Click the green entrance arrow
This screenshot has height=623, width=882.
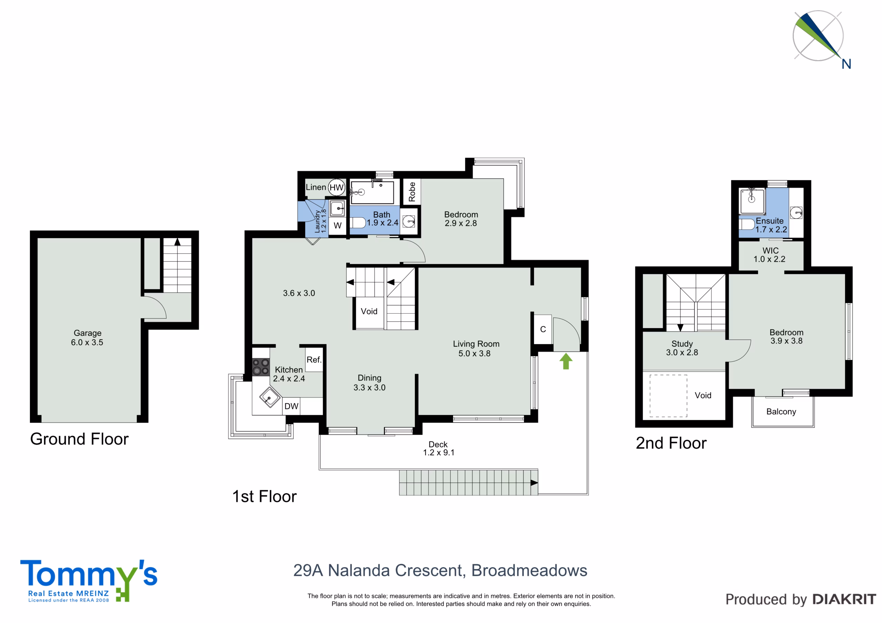point(566,361)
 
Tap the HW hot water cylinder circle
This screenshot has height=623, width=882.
point(337,187)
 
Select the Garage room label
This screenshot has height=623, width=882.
point(88,337)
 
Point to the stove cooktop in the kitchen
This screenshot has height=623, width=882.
point(260,367)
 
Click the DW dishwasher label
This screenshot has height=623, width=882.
point(291,406)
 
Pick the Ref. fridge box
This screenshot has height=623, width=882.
point(314,359)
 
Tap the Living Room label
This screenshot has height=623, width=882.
point(476,349)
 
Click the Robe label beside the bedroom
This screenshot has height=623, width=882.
point(412,192)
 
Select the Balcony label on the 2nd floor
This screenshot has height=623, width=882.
point(781,412)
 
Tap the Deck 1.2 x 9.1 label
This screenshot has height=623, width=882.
point(438,448)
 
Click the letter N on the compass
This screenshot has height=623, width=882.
point(846,64)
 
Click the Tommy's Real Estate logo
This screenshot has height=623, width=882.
point(89,580)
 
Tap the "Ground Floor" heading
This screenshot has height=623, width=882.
point(79,439)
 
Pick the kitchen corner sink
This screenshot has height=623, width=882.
point(270,397)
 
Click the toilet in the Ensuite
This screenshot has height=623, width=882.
point(747,224)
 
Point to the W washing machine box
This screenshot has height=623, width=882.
point(338,226)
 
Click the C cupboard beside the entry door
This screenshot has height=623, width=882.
point(543,329)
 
